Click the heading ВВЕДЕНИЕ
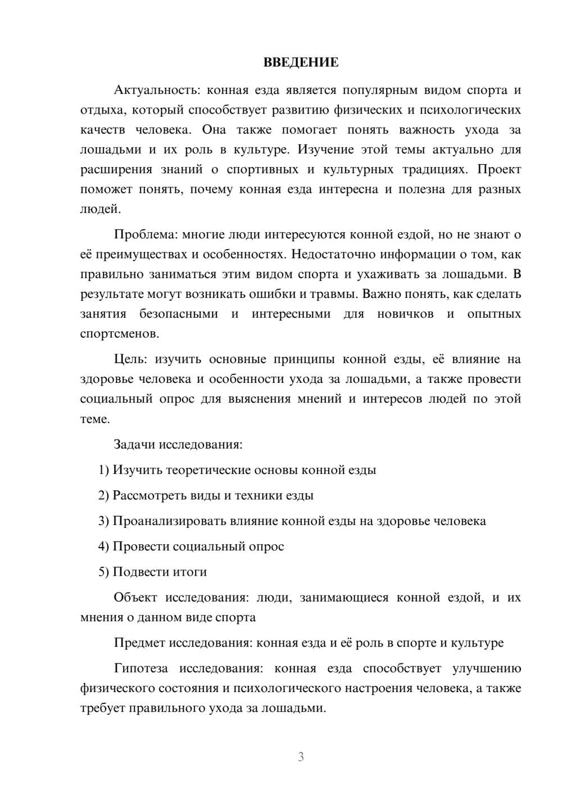pyautogui.click(x=301, y=62)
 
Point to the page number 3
pyautogui.click(x=301, y=757)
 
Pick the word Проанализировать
pyautogui.click(x=169, y=521)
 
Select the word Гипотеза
pyautogui.click(x=140, y=668)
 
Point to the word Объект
pyautogui.click(x=135, y=597)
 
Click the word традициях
pyautogui.click(x=434, y=170)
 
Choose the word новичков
pyautogui.click(x=405, y=314)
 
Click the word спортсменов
pyautogui.click(x=119, y=333)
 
